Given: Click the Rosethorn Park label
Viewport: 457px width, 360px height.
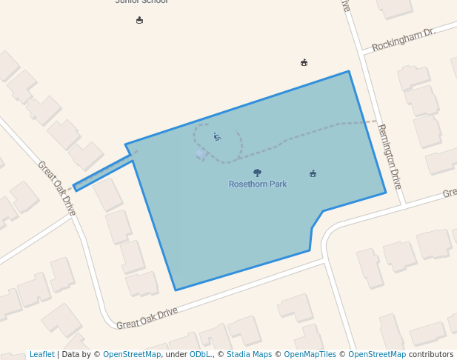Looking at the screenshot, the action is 257,184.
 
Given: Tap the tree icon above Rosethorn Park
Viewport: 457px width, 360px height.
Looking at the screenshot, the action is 257,173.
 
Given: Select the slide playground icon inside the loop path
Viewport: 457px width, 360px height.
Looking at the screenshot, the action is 217,136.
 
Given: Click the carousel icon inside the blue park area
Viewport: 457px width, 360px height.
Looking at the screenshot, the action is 313,173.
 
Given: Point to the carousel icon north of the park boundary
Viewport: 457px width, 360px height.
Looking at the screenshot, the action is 304,62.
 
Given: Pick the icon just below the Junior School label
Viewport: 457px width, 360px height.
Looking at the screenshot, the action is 139,20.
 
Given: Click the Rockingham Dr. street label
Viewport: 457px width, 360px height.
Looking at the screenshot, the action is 403,40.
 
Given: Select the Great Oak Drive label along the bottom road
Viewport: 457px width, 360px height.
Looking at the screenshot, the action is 147,318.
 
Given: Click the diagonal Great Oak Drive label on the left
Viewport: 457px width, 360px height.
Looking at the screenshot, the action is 57,188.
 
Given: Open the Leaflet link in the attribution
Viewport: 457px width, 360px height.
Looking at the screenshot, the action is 41,355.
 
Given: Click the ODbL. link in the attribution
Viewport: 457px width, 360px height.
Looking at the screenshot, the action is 200,355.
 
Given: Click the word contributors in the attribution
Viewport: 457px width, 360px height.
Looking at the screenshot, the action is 430,355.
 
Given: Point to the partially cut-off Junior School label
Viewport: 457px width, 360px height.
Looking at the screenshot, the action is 142,2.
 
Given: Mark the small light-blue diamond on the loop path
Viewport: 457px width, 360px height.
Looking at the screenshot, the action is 200,153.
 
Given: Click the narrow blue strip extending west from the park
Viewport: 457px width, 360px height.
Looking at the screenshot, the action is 104,172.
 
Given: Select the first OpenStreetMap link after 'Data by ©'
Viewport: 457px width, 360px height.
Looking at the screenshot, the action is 132,355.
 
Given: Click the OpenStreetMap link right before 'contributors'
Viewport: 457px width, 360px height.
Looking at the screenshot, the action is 377,355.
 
